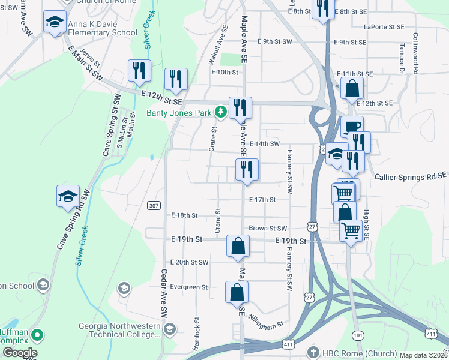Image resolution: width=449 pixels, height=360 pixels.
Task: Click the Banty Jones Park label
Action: coord(178,112)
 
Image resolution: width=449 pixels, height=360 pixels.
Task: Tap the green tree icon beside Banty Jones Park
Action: coord(221,112)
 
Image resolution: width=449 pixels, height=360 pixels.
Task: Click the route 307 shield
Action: coord(154,205)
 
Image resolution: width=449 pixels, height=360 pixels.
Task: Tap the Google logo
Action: coord(19,353)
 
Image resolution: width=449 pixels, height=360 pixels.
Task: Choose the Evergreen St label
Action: coord(188,287)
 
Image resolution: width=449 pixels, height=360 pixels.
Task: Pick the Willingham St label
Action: coord(265,323)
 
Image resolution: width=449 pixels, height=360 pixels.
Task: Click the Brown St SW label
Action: coord(268,229)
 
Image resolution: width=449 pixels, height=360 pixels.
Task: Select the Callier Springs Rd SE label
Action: coord(411,176)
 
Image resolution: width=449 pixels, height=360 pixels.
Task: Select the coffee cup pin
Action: coord(352,126)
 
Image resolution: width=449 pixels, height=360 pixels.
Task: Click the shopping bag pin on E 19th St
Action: coord(238,246)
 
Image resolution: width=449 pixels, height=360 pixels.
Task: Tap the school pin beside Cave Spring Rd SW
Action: coord(68,196)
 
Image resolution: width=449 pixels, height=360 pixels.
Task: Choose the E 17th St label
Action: coord(262,199)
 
